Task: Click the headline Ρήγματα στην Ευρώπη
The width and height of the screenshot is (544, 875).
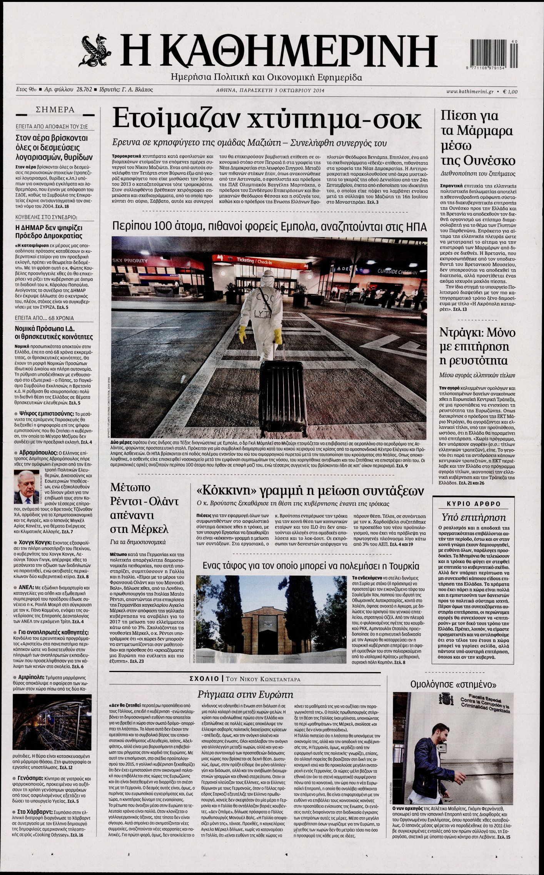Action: pyautogui.click(x=245, y=694)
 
